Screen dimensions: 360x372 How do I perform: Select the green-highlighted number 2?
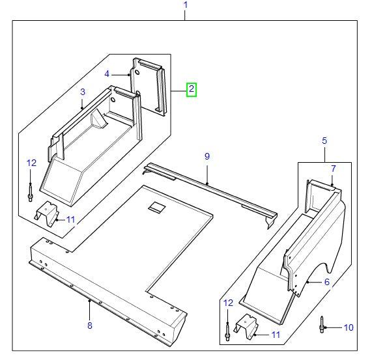pyautogui.click(x=191, y=89)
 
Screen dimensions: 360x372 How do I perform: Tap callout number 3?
pyautogui.click(x=83, y=92)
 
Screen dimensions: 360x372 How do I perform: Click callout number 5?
pyautogui.click(x=324, y=141)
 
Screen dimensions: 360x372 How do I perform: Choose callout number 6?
pyautogui.click(x=326, y=282)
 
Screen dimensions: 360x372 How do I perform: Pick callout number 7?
pyautogui.click(x=333, y=169)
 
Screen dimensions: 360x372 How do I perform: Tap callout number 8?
pyautogui.click(x=89, y=325)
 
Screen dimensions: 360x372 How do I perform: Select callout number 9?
pyautogui.click(x=207, y=156)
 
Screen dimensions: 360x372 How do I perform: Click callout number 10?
pyautogui.click(x=348, y=326)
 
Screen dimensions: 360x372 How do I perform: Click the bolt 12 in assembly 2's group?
pyautogui.click(x=31, y=193)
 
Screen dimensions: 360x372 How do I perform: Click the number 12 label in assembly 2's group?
pyautogui.click(x=31, y=163)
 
